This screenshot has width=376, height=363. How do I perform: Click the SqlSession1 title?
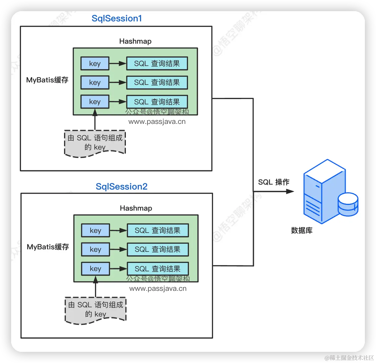(117, 19)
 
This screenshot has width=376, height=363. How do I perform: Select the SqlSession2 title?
(122, 186)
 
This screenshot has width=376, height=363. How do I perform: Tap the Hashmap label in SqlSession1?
(135, 41)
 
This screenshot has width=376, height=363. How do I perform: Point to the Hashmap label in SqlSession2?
(136, 208)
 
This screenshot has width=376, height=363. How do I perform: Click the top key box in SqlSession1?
(95, 63)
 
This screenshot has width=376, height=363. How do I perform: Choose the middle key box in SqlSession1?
(95, 82)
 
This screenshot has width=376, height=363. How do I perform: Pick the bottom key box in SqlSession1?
(95, 102)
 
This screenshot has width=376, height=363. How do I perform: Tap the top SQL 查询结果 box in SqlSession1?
(157, 63)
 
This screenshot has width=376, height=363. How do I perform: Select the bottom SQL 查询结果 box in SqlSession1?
(157, 102)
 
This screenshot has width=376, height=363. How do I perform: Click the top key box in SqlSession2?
(96, 230)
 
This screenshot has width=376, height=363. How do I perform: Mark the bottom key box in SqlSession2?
(96, 269)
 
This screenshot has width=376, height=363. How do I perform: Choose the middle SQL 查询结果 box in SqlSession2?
(158, 249)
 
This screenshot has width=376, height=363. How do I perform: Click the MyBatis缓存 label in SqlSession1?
(47, 80)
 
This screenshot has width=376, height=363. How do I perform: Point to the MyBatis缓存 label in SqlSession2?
(48, 247)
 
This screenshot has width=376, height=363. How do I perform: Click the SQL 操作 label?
(274, 182)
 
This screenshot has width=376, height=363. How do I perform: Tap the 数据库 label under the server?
(301, 230)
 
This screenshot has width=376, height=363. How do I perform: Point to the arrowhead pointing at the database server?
(290, 191)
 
